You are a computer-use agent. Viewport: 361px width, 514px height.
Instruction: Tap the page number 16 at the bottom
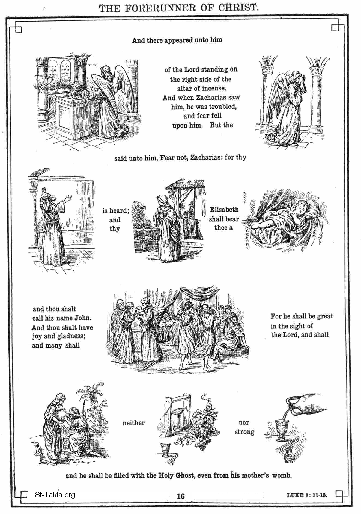coord(181,496)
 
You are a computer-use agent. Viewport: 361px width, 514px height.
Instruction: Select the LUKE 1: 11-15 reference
coord(306,495)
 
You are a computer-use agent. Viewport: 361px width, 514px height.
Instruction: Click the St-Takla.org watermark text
coord(55,495)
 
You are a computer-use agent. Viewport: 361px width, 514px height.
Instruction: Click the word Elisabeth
coord(224,210)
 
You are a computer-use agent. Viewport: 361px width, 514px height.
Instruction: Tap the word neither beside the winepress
coord(133,423)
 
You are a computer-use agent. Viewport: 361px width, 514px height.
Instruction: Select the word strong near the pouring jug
coord(244,432)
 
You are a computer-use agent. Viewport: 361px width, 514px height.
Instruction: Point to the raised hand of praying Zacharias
coord(69,198)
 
